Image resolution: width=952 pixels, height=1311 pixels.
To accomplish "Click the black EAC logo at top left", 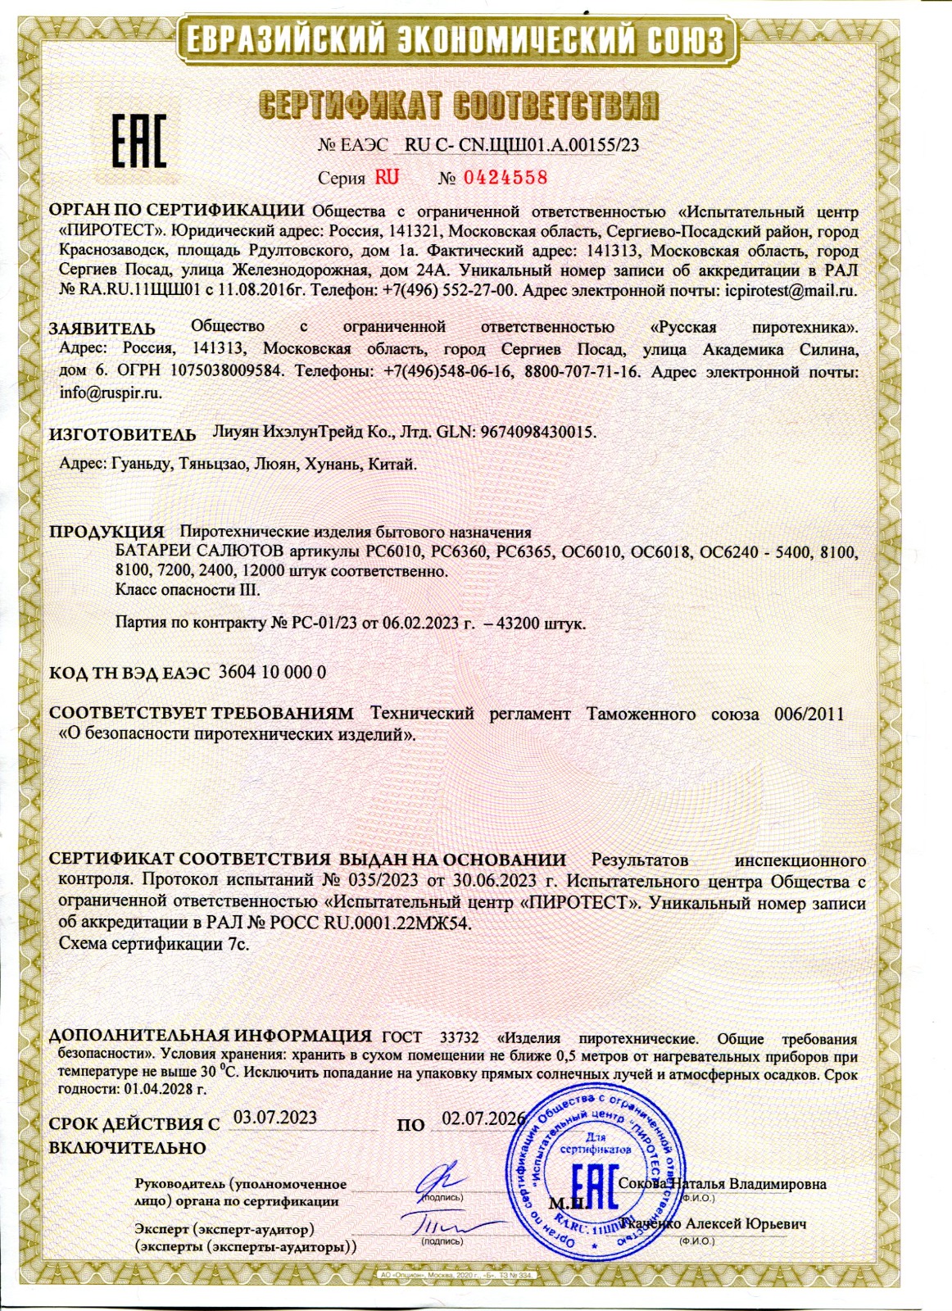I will point(138,140).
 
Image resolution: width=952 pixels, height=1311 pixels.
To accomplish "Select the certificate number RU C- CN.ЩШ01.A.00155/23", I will point(522,145).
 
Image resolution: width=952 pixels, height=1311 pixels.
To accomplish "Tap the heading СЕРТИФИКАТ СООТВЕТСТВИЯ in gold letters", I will point(459,105).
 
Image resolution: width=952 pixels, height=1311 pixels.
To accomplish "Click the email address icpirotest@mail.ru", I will point(791,290).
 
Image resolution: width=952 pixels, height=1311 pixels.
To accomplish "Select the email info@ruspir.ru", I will point(111,392).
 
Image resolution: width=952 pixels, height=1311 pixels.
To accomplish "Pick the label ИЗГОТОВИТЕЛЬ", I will point(123,434).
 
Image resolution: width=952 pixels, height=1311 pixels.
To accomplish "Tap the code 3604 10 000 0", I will point(274,672).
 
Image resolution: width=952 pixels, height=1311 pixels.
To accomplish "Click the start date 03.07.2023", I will point(275,1117).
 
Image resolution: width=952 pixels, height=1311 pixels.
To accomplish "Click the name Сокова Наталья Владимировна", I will point(723,1183).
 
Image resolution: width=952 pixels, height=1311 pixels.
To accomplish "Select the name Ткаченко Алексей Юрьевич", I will point(715,1223).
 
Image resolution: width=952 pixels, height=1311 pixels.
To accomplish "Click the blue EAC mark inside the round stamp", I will point(592,1184).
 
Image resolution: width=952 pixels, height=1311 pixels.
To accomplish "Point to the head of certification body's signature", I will point(442,1180).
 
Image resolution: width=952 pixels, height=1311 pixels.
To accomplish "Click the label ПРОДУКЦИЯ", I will point(107,531).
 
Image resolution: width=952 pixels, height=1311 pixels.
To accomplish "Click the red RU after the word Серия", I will point(387,177).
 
